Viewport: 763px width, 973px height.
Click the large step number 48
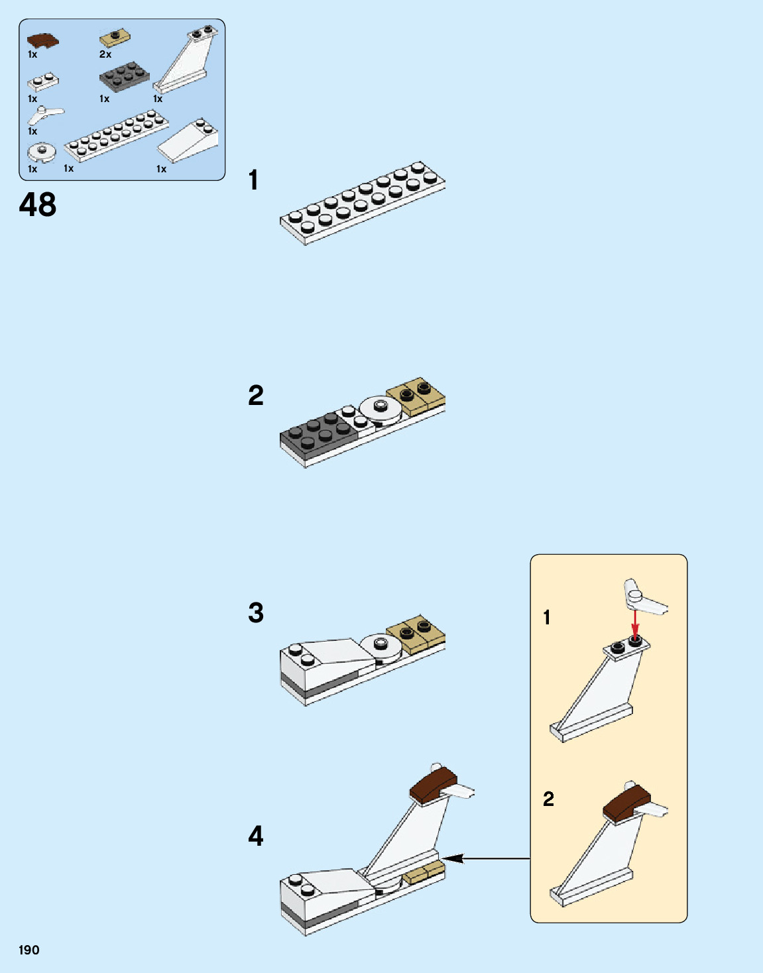tap(38, 205)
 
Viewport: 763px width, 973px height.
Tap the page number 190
tap(29, 950)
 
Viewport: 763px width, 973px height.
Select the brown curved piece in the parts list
tap(42, 40)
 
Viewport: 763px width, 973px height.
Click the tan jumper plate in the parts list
tap(115, 38)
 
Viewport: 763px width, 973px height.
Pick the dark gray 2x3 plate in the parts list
tap(124, 76)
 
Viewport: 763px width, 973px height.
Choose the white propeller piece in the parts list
tap(44, 115)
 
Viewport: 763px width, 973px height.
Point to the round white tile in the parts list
tap(42, 152)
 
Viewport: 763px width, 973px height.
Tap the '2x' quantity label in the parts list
tap(105, 54)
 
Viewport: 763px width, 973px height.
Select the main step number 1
tap(253, 180)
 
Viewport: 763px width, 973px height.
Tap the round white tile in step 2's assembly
tap(381, 408)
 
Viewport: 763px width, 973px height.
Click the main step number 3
tap(256, 612)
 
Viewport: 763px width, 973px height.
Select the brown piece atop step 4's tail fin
tap(433, 784)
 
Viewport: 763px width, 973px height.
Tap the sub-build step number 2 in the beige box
tap(548, 799)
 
